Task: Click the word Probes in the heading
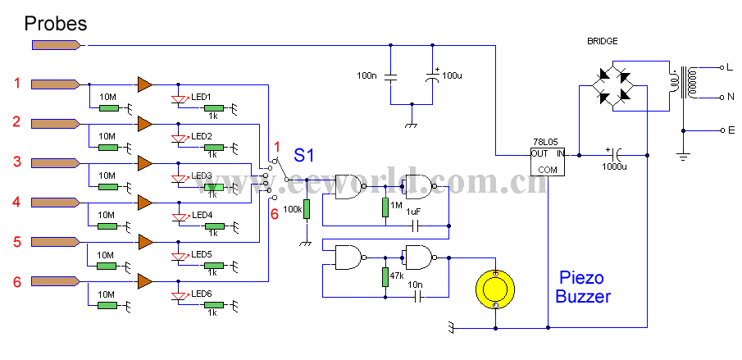(x=56, y=23)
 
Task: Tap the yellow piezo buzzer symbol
(x=495, y=289)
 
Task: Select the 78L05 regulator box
(x=548, y=161)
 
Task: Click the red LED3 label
(x=202, y=175)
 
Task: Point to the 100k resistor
(x=306, y=209)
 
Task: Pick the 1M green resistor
(x=385, y=207)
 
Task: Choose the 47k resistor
(x=385, y=277)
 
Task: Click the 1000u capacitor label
(x=615, y=166)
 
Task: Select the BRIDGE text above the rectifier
(x=602, y=41)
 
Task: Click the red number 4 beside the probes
(x=16, y=202)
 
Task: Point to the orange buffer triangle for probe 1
(x=145, y=84)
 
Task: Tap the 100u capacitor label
(x=452, y=76)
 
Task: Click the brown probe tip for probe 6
(x=55, y=282)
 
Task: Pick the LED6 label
(x=202, y=294)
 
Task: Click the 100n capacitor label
(x=367, y=75)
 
